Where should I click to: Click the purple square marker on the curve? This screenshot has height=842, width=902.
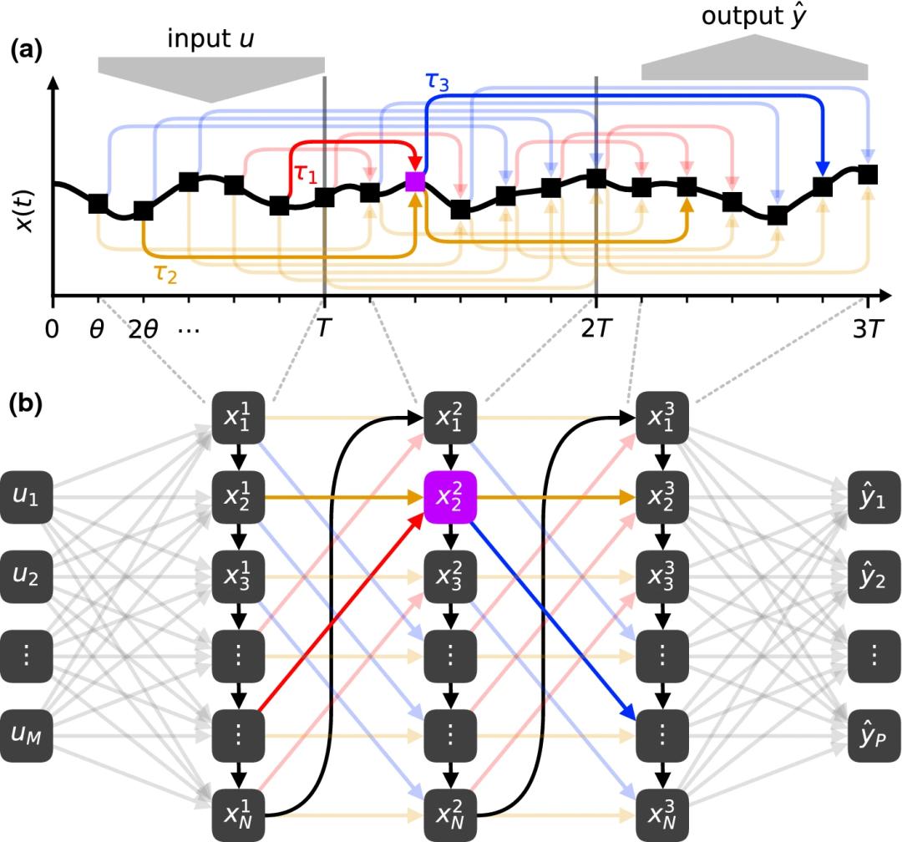pos(415,180)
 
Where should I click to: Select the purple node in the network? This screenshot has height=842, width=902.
pos(450,499)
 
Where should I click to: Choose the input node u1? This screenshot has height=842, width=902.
pos(25,499)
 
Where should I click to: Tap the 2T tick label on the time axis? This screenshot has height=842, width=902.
pos(595,328)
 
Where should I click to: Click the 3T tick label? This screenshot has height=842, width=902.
pos(867,328)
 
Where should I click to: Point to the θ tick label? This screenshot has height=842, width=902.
pos(98,328)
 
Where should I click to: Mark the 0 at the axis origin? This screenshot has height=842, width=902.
pos(53,328)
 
